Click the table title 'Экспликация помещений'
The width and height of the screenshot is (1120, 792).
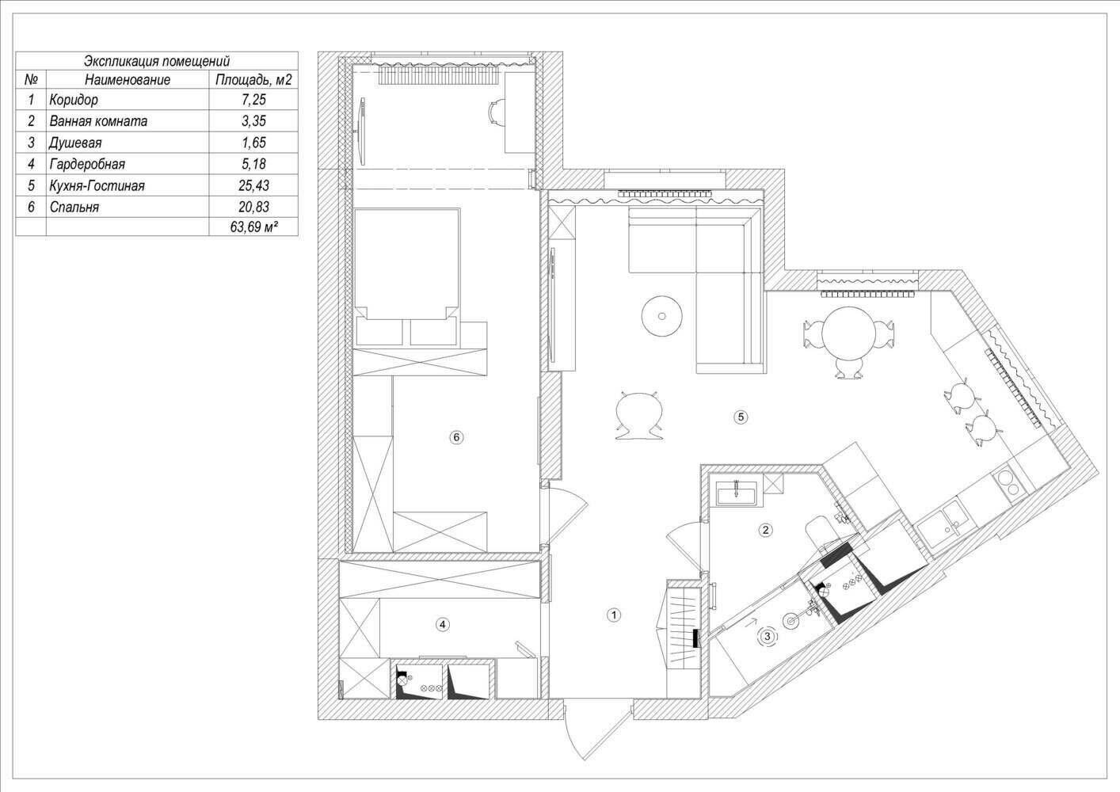click(157, 62)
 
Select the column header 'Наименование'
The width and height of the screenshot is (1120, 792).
click(128, 79)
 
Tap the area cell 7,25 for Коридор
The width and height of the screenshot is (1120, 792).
click(253, 100)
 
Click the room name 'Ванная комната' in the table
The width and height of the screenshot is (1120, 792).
click(98, 121)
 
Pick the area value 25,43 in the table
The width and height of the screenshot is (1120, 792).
click(253, 185)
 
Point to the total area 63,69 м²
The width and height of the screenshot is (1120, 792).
click(253, 227)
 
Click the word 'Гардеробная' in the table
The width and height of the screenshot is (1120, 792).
click(87, 164)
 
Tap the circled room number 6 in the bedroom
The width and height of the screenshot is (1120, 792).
click(456, 437)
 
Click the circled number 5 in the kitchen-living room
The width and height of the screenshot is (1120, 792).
click(741, 417)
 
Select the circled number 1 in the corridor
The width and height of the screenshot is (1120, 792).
click(614, 615)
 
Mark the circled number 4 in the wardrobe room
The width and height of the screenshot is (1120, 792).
click(442, 624)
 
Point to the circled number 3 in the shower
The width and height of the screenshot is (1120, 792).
click(768, 636)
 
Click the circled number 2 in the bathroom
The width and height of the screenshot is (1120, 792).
click(765, 530)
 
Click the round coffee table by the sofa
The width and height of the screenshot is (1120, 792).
click(662, 316)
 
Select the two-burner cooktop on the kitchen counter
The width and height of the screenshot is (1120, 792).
click(1004, 481)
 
